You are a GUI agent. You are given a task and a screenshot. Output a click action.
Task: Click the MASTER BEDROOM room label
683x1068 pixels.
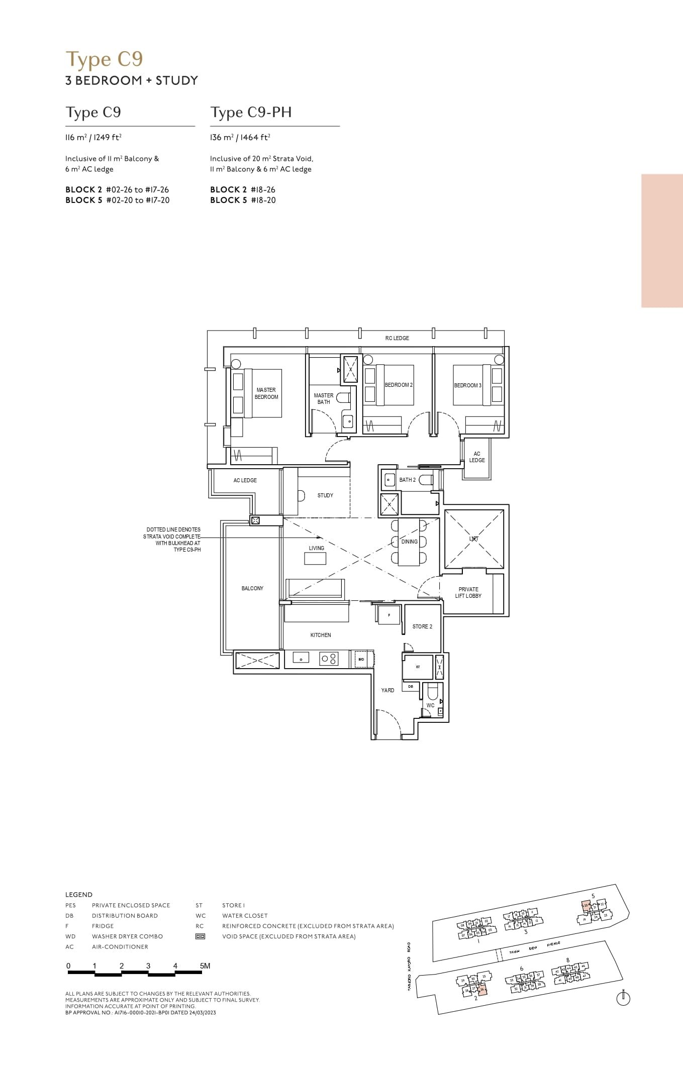pos(266,393)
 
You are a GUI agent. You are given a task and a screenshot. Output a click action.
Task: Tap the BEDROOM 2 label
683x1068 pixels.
pos(399,385)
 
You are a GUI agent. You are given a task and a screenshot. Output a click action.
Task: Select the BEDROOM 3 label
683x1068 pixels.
pos(467,385)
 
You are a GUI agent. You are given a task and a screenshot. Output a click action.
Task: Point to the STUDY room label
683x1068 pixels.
pos(325,495)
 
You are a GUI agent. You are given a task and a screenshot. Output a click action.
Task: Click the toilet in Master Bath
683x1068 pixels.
pos(344,398)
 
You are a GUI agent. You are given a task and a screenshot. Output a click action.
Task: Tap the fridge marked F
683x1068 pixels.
pos(389,615)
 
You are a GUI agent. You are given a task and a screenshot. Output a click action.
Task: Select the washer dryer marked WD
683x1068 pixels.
pos(361,659)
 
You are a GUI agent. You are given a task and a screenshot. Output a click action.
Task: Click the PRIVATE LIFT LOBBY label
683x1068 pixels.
pos(468,592)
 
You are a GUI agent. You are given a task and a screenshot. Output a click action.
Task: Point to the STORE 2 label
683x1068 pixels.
pos(422,626)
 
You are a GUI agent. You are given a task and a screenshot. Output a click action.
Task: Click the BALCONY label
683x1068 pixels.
pos(252,588)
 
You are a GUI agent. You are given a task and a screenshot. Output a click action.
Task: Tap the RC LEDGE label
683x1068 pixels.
pos(397,338)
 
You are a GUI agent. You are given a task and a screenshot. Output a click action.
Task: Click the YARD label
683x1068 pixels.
pos(387,690)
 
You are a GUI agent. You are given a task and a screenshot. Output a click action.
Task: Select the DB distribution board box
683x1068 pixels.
pos(411,686)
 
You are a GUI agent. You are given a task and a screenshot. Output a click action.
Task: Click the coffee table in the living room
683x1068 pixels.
pos(315,558)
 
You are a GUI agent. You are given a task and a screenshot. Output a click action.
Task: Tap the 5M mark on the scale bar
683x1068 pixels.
pos(205,966)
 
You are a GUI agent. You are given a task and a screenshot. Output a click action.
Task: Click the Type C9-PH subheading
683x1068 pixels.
pos(251,112)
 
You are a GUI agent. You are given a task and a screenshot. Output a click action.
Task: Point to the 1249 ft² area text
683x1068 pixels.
pos(108,137)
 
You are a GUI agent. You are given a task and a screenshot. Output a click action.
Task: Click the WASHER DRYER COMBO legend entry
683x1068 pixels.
pos(127,936)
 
